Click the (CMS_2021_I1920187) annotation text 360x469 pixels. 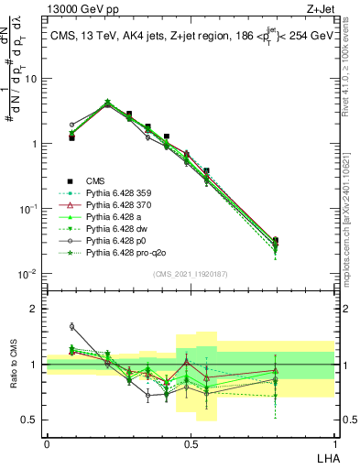click(x=191, y=273)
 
